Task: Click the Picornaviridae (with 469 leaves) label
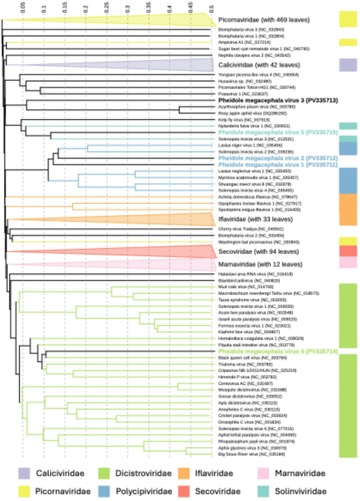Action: [x=263, y=20]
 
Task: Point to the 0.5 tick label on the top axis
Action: [x=211, y=8]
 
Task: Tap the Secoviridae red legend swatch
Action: [x=194, y=491]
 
